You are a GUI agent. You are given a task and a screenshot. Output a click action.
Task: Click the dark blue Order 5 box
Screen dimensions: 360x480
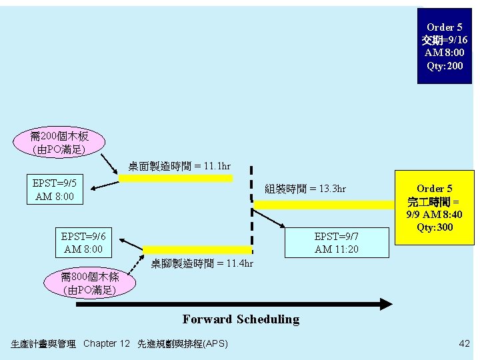(444, 45)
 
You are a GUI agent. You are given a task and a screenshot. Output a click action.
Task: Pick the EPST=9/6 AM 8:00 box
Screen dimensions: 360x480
(83, 243)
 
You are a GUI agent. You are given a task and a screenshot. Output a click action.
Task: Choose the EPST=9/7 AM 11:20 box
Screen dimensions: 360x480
(336, 243)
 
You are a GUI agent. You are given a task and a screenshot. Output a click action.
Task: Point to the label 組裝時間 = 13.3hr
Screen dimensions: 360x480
(305, 189)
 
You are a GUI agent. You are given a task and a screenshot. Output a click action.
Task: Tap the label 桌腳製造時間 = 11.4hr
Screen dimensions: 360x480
(202, 263)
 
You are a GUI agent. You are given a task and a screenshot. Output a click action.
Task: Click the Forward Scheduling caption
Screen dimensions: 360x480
(241, 319)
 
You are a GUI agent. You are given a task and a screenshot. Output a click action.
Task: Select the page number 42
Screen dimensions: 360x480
(464, 343)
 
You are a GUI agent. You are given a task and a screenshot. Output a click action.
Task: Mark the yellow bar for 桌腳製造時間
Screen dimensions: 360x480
(198, 251)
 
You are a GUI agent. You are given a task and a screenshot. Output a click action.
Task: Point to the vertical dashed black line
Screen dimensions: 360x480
(251, 200)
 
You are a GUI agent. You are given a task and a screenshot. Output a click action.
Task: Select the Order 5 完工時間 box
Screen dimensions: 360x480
(435, 207)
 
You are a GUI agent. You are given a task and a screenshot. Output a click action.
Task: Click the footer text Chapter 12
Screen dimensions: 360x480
(107, 343)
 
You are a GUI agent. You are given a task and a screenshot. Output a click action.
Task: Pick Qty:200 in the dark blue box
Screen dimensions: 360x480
(444, 66)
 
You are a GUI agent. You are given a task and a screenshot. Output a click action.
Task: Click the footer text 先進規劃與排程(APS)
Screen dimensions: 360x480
(182, 343)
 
